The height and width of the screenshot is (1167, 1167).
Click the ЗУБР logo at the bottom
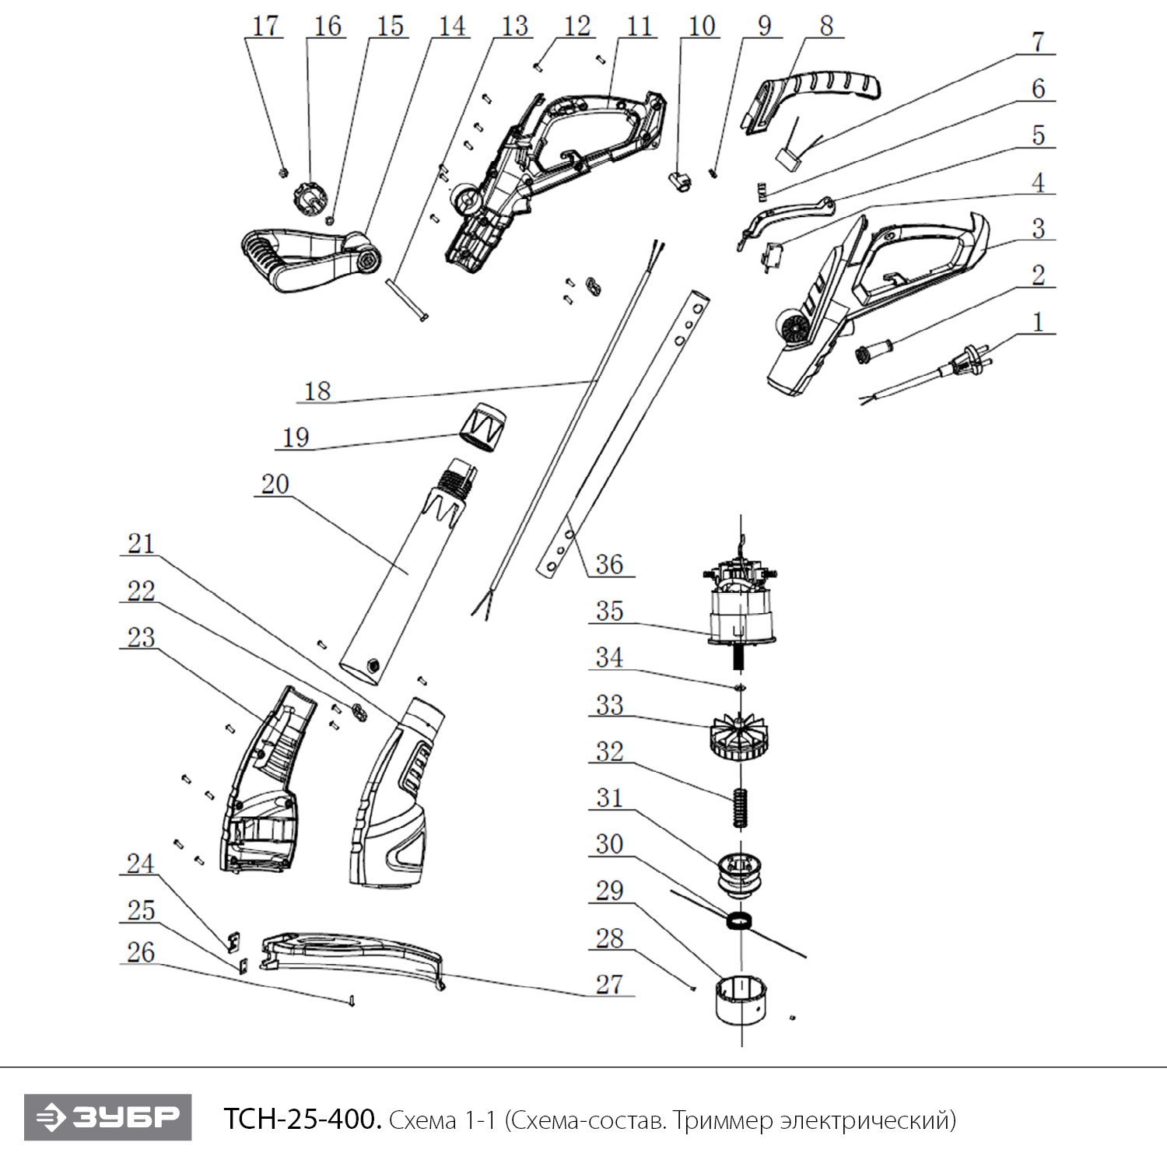(107, 1117)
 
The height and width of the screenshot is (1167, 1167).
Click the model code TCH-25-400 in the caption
(302, 1120)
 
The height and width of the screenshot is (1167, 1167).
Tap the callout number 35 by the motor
(609, 611)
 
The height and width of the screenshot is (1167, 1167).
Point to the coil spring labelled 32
(741, 808)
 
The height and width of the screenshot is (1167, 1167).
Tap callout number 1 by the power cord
(1037, 321)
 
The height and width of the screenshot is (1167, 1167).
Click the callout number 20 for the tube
(275, 484)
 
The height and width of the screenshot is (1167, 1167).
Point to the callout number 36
(609, 564)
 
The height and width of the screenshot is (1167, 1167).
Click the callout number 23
(141, 637)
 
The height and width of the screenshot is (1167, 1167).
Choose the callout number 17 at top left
(265, 26)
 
